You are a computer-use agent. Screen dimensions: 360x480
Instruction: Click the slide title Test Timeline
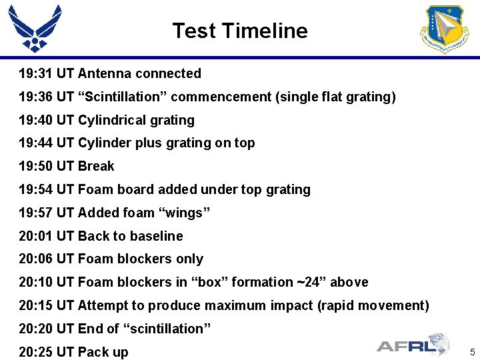pyautogui.click(x=240, y=31)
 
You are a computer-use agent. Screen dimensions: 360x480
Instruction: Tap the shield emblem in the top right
pyautogui.click(x=444, y=29)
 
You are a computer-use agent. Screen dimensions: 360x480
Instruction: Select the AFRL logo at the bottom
pyautogui.click(x=413, y=345)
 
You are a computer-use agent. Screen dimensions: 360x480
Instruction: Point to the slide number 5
pyautogui.click(x=471, y=351)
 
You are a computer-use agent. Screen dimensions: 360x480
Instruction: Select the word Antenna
pyautogui.click(x=103, y=73)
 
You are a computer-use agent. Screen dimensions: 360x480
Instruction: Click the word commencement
pyautogui.click(x=221, y=97)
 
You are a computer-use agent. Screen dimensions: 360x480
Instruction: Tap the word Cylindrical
pyautogui.click(x=111, y=120)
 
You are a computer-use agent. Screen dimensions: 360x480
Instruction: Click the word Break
pyautogui.click(x=96, y=166)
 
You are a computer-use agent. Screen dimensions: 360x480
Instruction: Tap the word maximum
pyautogui.click(x=235, y=305)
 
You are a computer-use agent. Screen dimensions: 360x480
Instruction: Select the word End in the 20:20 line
pyautogui.click(x=90, y=329)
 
